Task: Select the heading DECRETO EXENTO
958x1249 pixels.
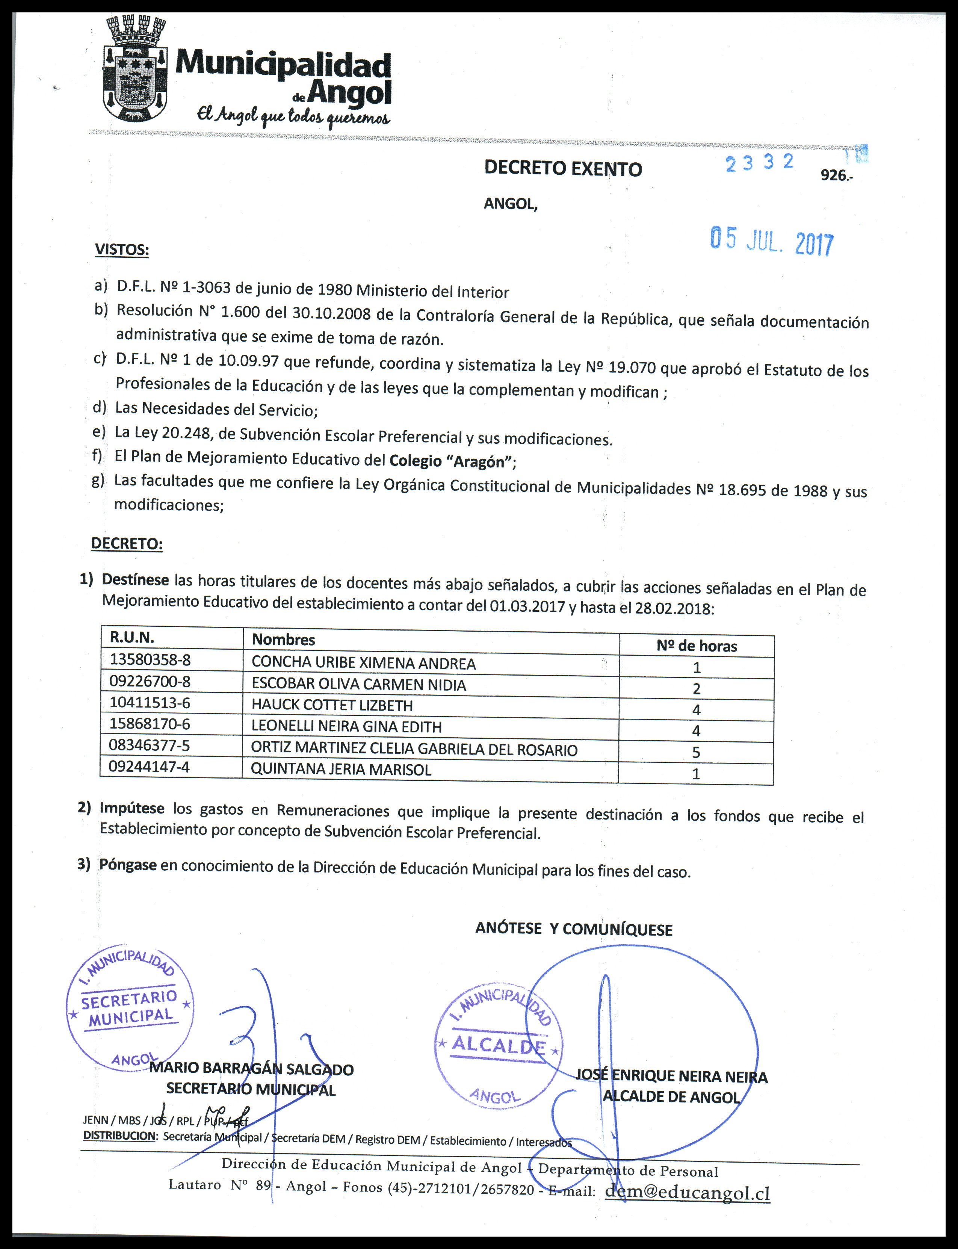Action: point(563,169)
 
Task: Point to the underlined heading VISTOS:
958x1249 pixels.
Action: point(121,250)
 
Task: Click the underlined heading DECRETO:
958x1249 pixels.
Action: point(127,543)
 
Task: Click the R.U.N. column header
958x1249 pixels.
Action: point(132,637)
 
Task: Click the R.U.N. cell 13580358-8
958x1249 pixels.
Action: point(150,660)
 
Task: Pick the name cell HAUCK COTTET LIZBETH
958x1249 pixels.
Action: point(332,706)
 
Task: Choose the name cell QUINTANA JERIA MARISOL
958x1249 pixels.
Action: point(341,770)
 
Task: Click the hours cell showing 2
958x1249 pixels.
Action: point(696,688)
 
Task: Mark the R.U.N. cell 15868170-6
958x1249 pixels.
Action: point(150,724)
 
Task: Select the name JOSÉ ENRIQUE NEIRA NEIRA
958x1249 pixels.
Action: point(671,1076)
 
